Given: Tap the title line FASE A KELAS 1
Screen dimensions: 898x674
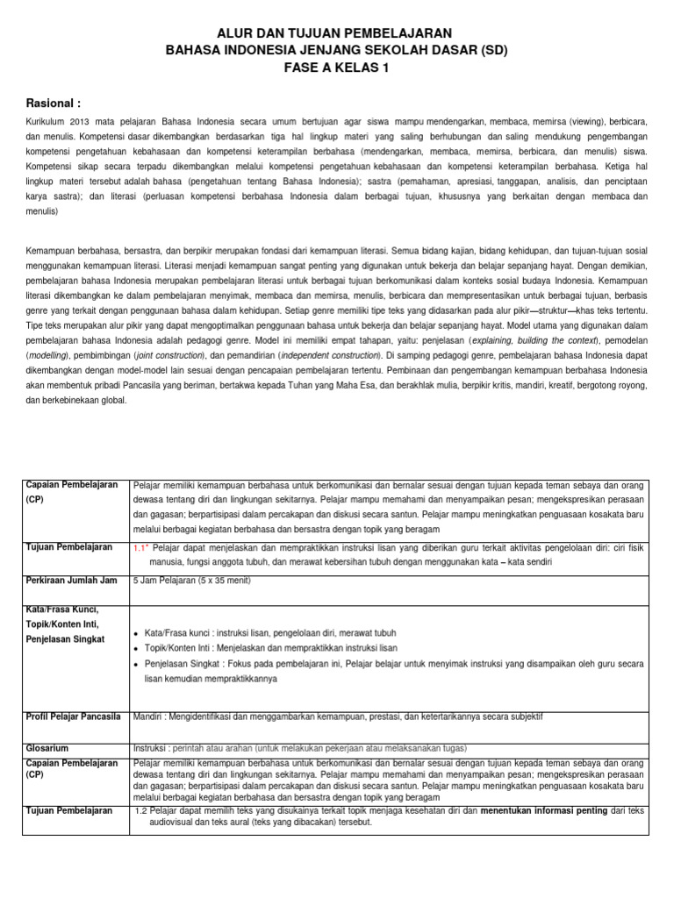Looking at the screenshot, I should click(x=336, y=68).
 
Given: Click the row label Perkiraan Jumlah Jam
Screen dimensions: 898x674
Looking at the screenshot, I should click(x=72, y=581).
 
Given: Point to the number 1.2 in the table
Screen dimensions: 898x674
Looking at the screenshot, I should click(x=143, y=811).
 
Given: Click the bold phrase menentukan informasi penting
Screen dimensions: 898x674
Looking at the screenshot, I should click(x=543, y=811).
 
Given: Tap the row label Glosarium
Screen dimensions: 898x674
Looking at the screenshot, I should click(x=47, y=748).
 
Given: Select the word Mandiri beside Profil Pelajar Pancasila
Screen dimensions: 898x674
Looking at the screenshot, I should click(x=148, y=716).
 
